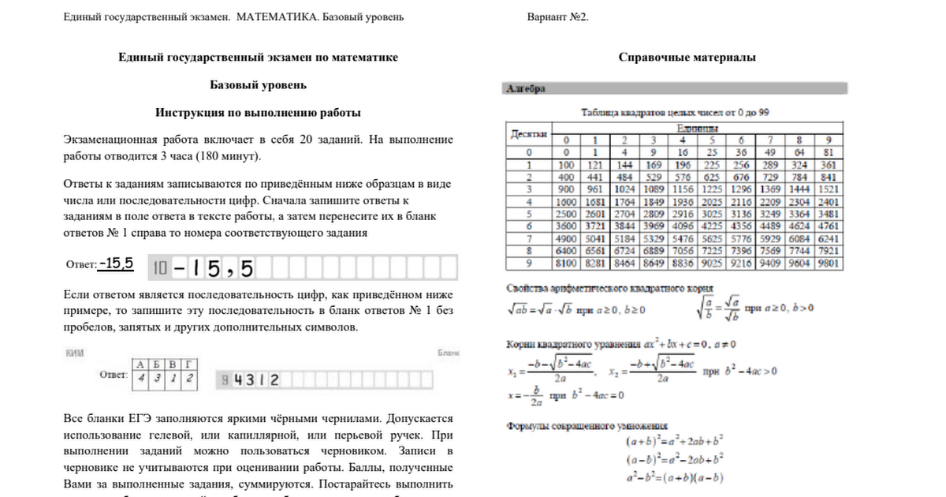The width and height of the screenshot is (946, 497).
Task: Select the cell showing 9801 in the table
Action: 829,263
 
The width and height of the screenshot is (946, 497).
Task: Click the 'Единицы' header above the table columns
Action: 698,128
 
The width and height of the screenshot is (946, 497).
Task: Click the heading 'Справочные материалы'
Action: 687,58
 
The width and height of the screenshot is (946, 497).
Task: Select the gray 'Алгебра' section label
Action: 526,89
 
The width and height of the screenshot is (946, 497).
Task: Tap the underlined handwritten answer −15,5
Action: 117,263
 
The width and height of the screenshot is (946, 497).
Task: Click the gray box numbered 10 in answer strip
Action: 160,269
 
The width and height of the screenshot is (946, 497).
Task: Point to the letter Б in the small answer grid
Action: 155,364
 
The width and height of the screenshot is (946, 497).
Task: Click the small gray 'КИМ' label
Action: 74,353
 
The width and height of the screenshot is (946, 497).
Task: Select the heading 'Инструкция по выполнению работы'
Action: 258,113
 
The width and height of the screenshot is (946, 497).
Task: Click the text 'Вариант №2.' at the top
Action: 557,17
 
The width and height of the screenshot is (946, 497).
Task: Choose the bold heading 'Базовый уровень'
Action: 258,85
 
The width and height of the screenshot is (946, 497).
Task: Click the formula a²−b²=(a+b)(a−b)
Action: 675,477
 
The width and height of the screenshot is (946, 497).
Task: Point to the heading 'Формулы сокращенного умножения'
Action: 587,427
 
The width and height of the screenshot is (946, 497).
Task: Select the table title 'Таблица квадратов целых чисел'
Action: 674,113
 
